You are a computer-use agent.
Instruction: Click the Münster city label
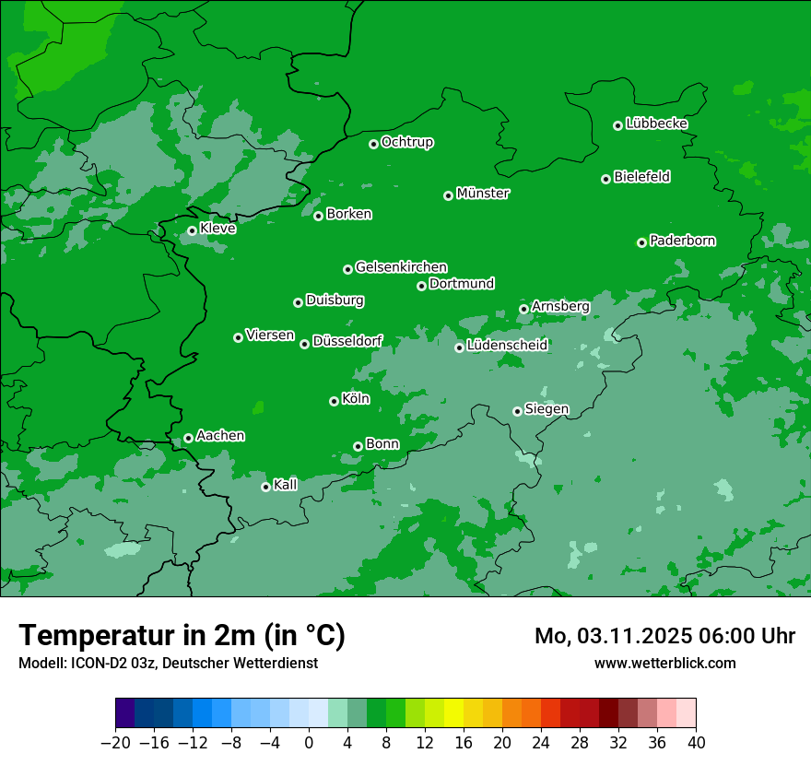(483, 194)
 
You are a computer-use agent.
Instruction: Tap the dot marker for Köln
(334, 401)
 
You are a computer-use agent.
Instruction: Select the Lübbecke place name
(656, 124)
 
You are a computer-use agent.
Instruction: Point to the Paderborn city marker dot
(641, 242)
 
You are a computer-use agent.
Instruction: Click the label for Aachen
(220, 436)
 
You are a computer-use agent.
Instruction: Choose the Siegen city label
(547, 409)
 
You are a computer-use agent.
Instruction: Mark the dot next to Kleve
(192, 230)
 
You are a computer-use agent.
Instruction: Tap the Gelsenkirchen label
(401, 267)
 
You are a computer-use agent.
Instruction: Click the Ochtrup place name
(406, 142)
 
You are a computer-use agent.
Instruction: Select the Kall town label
(286, 485)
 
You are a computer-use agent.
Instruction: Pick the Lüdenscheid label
(507, 346)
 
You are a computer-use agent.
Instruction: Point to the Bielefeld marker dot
(605, 179)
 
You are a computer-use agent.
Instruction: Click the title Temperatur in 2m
(182, 635)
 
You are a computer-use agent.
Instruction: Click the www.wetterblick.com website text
(664, 663)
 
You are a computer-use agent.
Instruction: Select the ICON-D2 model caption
(168, 663)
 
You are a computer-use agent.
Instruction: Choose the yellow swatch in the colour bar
(453, 713)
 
